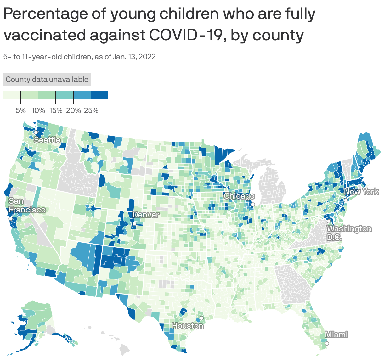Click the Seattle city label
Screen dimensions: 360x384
[x=47, y=140]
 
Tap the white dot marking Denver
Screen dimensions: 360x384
[x=134, y=223]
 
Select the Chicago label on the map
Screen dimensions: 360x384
[x=239, y=196]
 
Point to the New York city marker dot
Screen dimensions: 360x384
[x=345, y=200]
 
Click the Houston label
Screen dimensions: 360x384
[x=188, y=326]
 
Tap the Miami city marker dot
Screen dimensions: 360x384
[x=327, y=343]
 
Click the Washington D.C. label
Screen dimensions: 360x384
[x=349, y=233]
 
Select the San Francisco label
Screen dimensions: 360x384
[x=27, y=205]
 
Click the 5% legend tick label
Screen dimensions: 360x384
[x=21, y=110]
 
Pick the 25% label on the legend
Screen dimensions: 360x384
[x=91, y=110]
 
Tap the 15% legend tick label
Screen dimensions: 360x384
[x=56, y=110]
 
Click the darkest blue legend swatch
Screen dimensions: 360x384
[x=99, y=95]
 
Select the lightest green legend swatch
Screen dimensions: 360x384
[x=12, y=95]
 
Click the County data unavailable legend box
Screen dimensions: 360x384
[x=47, y=79]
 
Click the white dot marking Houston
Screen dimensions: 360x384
[x=201, y=318]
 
